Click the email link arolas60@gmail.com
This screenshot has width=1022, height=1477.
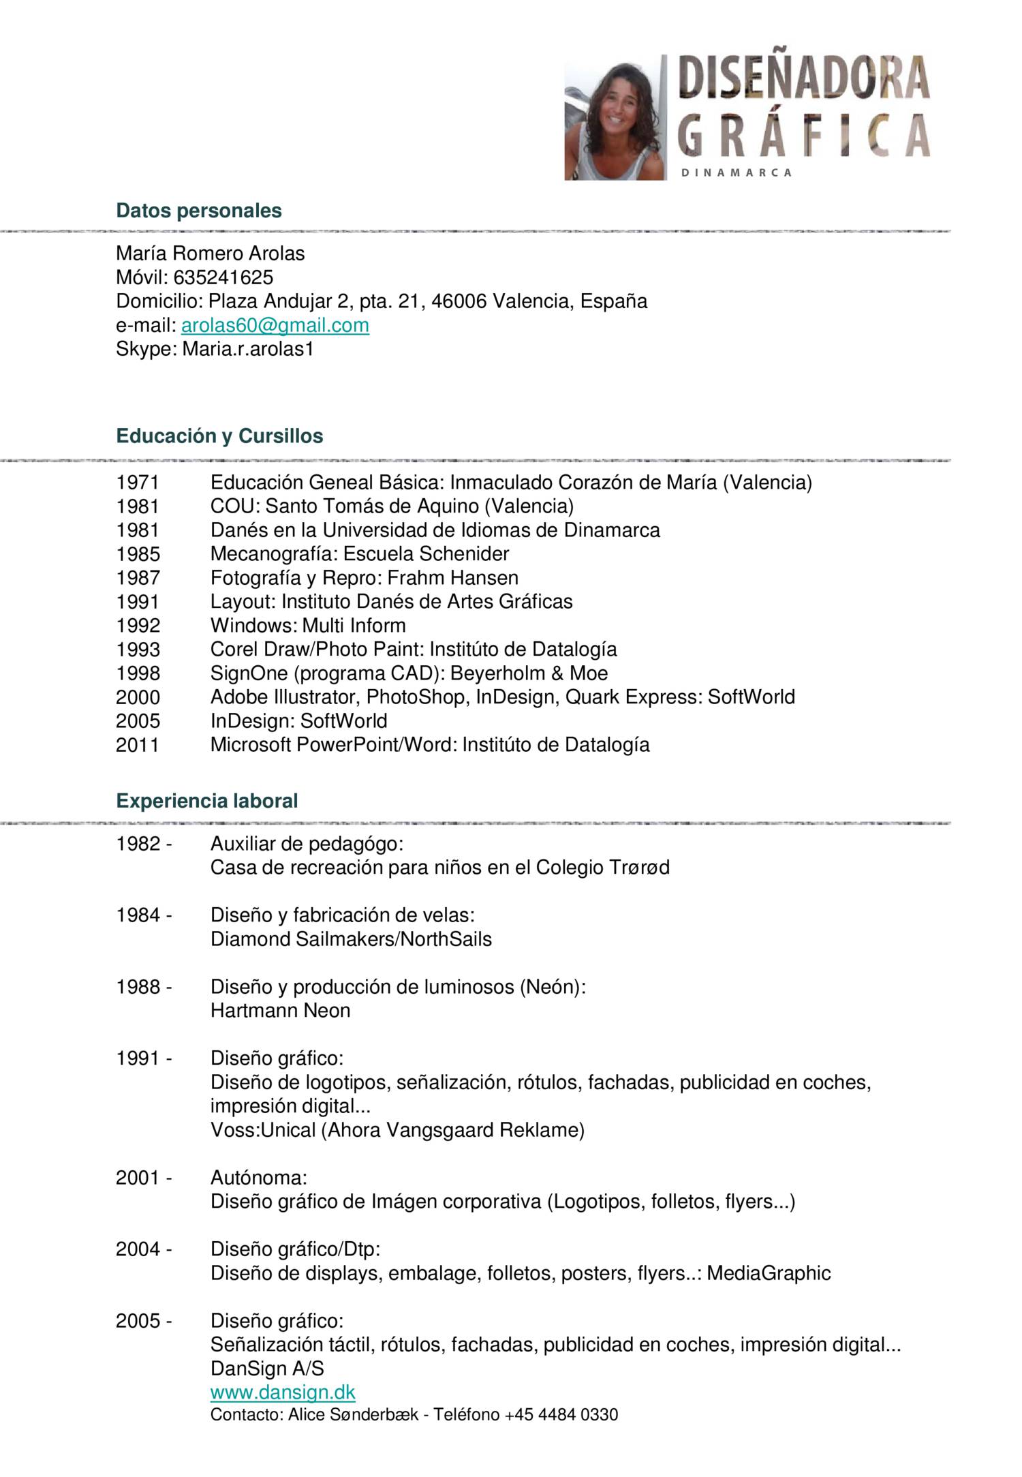click(275, 325)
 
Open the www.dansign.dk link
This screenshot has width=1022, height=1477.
click(283, 1392)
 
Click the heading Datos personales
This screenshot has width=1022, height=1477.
click(198, 211)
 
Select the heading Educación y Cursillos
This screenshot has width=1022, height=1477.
click(219, 436)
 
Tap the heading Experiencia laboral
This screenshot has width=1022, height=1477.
click(207, 800)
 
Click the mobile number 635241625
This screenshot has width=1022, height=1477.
click(223, 277)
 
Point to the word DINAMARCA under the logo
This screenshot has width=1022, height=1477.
click(737, 173)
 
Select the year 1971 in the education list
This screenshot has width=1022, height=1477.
click(137, 483)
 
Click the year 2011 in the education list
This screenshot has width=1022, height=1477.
click(137, 744)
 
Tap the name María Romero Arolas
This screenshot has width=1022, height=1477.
click(210, 254)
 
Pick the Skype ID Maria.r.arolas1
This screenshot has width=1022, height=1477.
click(248, 349)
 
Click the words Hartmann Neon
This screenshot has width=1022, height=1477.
click(280, 1010)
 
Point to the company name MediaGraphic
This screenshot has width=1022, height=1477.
click(769, 1273)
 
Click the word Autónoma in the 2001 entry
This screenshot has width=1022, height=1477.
click(258, 1178)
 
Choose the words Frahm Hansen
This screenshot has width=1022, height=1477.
click(452, 578)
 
